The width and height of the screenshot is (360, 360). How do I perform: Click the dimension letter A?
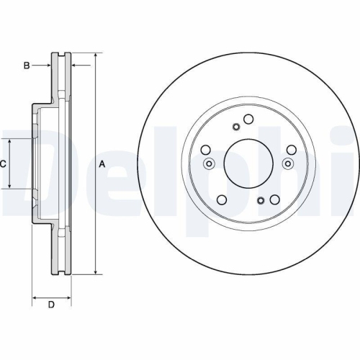tap(102, 164)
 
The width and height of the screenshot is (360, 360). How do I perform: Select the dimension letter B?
tap(26, 66)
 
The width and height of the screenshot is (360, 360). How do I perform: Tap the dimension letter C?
tap(3, 164)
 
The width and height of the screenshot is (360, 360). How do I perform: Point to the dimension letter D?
tap(51, 305)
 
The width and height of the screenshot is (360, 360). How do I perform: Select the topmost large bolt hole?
tap(248, 120)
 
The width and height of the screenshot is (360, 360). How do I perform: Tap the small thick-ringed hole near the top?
tap(235, 127)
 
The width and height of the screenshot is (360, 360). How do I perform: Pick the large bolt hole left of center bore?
tap(206, 150)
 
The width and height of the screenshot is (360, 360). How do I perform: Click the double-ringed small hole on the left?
tap(209, 163)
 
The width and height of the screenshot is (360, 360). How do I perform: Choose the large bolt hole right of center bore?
tap(291, 150)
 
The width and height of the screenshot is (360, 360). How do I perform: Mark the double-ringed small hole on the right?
tap(288, 163)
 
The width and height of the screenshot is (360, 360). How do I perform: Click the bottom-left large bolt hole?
tap(222, 200)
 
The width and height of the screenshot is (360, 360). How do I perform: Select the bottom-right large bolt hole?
tap(275, 200)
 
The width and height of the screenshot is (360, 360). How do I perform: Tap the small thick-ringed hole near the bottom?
tap(261, 199)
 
